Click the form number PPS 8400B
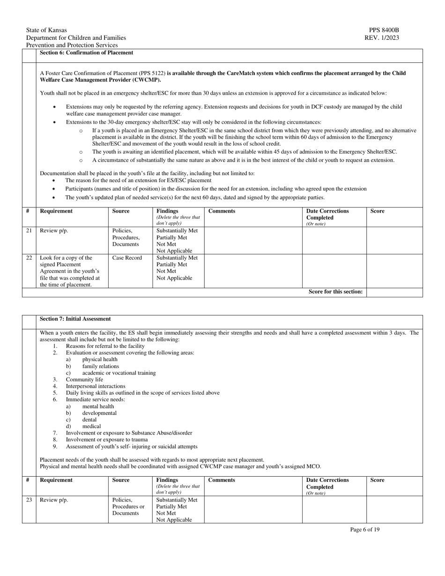click(384, 30)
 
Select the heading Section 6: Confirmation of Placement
click(86, 53)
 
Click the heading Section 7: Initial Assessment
click(75, 319)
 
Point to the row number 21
click(29, 231)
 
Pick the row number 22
click(29, 258)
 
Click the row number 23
click(29, 500)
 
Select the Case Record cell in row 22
click(127, 258)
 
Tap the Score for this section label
click(335, 292)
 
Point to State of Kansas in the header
click(46, 30)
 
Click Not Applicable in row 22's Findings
click(174, 278)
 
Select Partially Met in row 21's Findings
click(171, 237)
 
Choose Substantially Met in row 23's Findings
click(177, 500)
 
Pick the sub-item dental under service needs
click(89, 420)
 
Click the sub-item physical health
click(100, 359)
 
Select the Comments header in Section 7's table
click(222, 480)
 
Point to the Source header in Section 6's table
click(121, 211)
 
